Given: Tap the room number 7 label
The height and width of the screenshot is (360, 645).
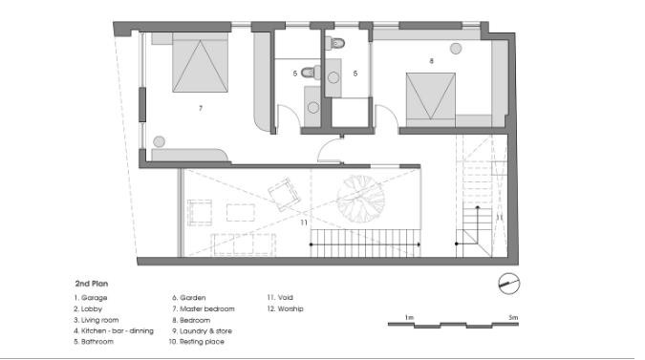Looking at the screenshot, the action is point(201,108).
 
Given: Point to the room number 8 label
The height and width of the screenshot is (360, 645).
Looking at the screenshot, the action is point(431,61).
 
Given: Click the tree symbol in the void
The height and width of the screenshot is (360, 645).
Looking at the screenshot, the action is point(361,199).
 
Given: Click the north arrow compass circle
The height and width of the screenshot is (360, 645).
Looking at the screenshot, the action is point(509,284).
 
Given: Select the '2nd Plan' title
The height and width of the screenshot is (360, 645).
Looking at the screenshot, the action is point(92,284).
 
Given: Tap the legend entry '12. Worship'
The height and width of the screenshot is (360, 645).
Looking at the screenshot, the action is point(285,308).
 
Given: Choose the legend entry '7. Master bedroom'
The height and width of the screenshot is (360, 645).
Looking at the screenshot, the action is point(204,308).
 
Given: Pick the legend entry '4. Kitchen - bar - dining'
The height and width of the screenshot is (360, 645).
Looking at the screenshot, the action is point(114,330).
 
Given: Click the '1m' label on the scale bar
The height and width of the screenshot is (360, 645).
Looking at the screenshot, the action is point(409,317).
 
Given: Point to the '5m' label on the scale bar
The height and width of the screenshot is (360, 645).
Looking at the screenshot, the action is point(513,317).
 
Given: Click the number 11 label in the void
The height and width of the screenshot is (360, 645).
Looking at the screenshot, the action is point(304,222).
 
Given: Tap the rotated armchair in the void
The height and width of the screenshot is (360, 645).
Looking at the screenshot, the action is point(284,194).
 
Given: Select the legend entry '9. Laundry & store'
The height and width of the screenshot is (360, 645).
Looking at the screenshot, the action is point(202,330).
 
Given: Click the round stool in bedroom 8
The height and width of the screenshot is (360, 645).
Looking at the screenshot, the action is point(456,49).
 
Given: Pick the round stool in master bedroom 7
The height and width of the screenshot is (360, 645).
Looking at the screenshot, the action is point(160,141).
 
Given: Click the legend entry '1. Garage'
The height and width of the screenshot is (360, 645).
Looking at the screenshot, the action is point(91,298).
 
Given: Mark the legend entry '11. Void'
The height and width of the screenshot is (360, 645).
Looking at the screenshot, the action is point(280,297).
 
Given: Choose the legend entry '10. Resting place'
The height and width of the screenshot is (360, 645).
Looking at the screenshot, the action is point(197,342).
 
